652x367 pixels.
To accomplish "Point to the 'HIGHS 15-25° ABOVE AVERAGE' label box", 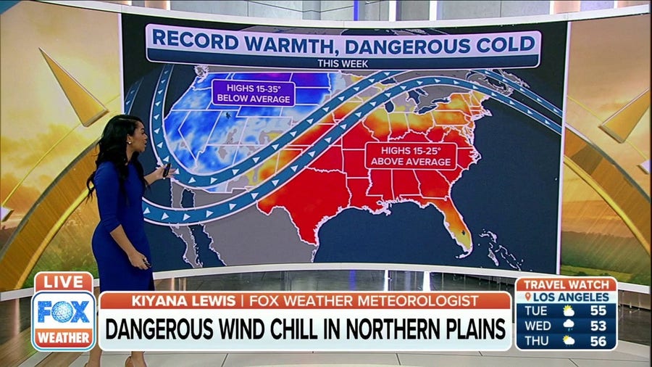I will pos(410,156).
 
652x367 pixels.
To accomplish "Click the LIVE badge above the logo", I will pos(64,282).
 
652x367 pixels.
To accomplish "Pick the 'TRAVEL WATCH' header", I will pos(567,285).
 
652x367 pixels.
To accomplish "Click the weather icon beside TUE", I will pos(568,310).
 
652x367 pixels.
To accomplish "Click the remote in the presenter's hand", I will pos(167,170).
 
